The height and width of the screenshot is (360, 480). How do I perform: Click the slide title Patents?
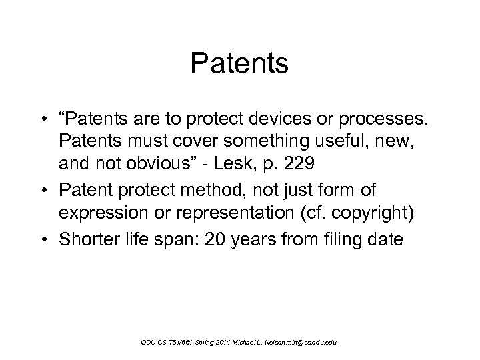pyautogui.click(x=239, y=64)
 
